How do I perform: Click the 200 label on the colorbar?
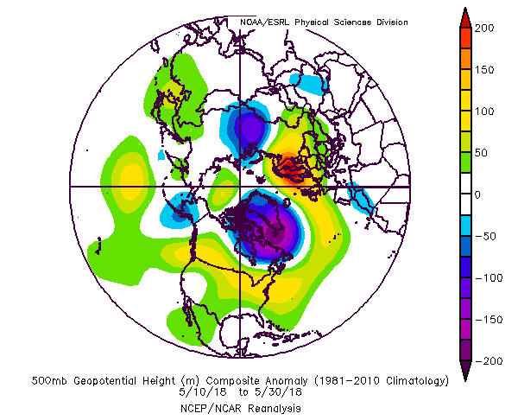(484, 29)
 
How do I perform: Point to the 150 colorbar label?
(484, 70)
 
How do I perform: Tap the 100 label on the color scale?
(484, 111)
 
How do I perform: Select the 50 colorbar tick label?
(482, 153)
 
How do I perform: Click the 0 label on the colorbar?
(477, 195)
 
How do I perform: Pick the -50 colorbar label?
(485, 237)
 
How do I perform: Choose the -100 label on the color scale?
(489, 278)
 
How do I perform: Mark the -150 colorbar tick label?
(489, 320)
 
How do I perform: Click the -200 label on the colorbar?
(489, 361)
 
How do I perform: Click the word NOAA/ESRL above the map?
(264, 22)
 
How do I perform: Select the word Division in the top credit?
(392, 22)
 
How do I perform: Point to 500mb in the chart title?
(49, 381)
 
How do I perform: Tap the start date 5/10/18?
(203, 392)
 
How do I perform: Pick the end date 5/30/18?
(278, 392)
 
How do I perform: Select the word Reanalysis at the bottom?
(275, 409)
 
